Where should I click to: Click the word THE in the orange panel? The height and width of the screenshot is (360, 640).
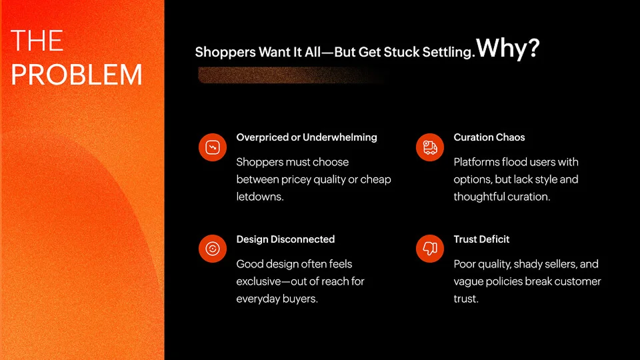37,41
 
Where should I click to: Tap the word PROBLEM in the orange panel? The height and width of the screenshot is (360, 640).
76,74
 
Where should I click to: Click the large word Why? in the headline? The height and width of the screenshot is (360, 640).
508,48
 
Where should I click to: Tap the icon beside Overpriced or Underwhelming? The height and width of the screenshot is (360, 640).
213,147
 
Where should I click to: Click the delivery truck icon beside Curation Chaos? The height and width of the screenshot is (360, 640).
430,147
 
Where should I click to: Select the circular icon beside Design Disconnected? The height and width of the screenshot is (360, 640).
213,249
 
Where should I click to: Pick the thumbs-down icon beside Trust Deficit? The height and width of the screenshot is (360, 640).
430,249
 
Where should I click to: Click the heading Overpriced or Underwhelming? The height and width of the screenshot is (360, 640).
307,137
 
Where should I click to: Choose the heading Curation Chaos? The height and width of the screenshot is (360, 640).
489,137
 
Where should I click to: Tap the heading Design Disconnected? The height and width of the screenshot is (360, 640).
285,239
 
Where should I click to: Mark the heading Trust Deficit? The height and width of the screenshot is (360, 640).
481,239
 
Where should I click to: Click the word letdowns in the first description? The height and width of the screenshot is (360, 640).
259,197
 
